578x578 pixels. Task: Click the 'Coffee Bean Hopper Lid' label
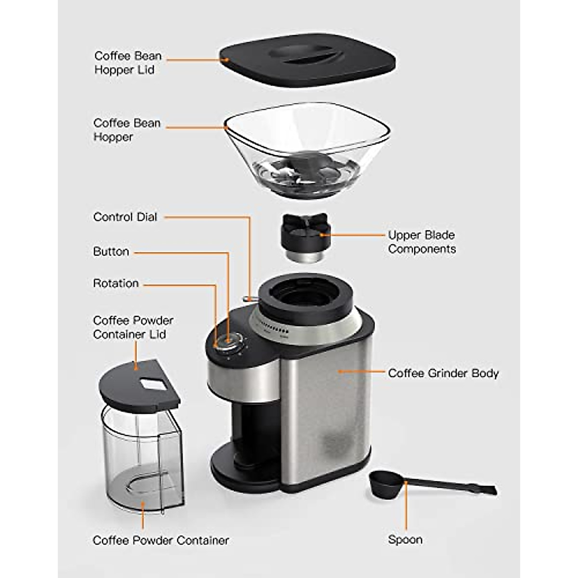pyautogui.click(x=128, y=63)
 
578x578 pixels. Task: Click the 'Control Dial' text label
pyautogui.click(x=125, y=217)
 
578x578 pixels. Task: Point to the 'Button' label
pyautogui.click(x=111, y=251)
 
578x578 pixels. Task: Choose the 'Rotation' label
pyautogui.click(x=116, y=283)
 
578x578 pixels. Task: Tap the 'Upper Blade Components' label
pyautogui.click(x=421, y=242)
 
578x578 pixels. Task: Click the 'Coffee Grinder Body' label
pyautogui.click(x=443, y=373)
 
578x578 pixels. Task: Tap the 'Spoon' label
pyautogui.click(x=405, y=539)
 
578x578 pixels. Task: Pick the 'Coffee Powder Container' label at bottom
pyautogui.click(x=160, y=540)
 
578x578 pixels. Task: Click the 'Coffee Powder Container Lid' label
pyautogui.click(x=133, y=327)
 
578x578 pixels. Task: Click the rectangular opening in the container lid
pyautogui.click(x=153, y=384)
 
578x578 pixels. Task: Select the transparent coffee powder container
pyautogui.click(x=142, y=458)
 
